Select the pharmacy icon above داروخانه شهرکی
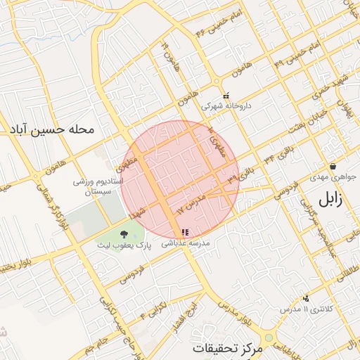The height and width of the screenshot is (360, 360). (x=226, y=96)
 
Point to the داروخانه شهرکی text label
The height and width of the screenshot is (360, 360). (x=222, y=107)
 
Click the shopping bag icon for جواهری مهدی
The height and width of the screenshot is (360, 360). (x=332, y=167)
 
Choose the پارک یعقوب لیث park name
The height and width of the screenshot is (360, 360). (x=124, y=247)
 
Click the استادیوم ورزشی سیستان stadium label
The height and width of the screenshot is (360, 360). (x=100, y=186)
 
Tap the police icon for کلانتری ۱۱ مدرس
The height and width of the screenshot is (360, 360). (x=305, y=298)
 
